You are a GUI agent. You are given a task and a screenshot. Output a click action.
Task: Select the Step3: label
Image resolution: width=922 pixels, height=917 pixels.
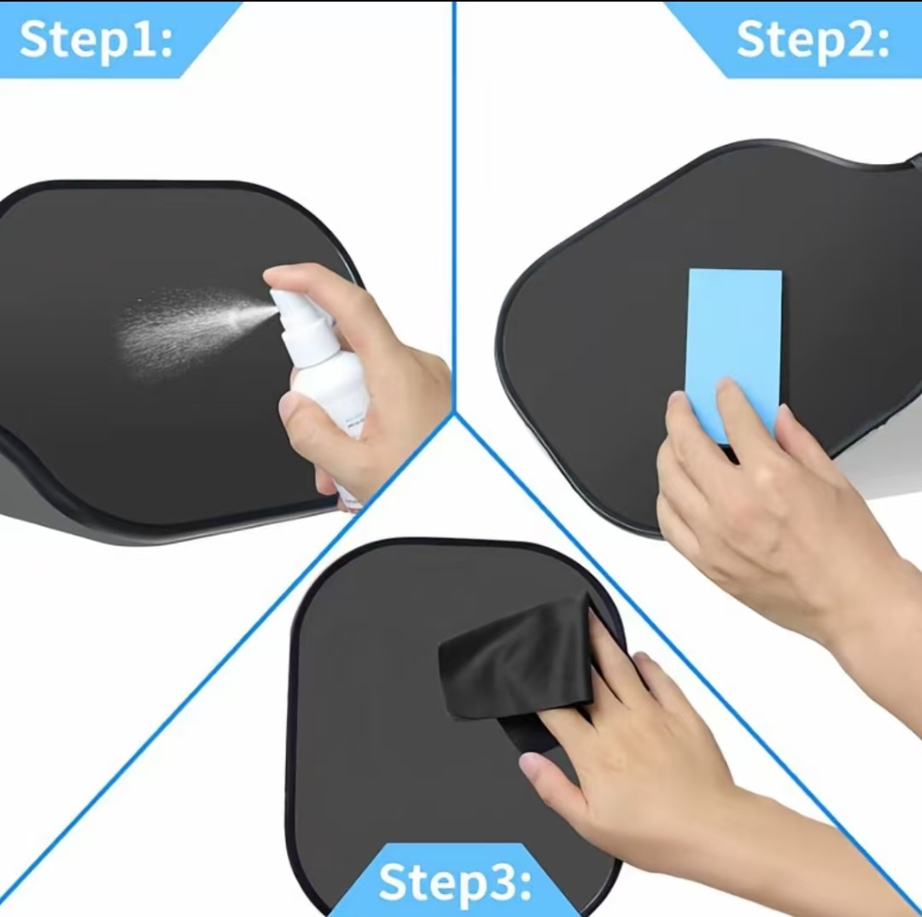pos(454,882)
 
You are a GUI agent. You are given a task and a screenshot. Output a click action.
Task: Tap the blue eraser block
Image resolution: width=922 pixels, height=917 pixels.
pos(734,352)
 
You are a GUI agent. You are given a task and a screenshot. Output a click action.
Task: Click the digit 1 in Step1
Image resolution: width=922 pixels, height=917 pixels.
pos(141,38)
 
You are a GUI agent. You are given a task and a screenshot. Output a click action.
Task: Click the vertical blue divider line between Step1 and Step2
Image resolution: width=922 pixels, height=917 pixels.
pos(454,206)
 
